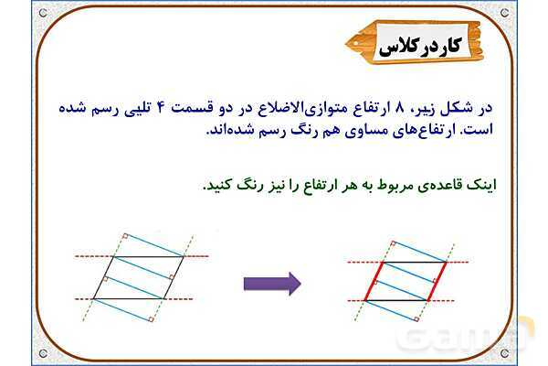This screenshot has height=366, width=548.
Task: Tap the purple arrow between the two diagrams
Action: click(x=272, y=284)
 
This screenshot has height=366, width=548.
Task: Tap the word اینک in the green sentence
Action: click(x=480, y=183)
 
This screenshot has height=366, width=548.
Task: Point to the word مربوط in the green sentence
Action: click(x=385, y=183)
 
